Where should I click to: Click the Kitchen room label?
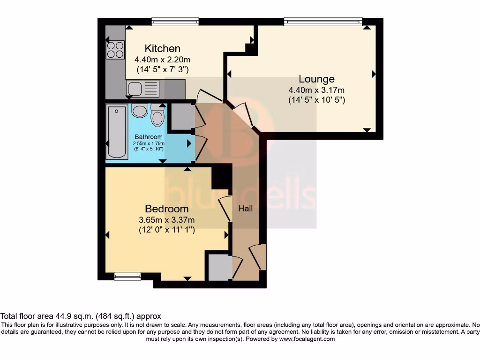(162, 48)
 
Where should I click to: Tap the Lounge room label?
(317, 79)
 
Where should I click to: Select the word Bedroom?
(166, 209)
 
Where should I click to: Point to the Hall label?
(245, 208)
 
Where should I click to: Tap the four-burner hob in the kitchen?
(115, 50)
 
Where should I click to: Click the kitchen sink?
(135, 88)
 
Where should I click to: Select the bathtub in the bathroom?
(117, 132)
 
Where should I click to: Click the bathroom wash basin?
(140, 111)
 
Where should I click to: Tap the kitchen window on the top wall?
(175, 22)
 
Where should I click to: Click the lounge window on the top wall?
(323, 22)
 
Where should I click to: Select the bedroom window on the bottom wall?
(127, 277)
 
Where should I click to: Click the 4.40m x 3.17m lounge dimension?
(317, 90)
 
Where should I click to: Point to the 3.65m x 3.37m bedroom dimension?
(166, 219)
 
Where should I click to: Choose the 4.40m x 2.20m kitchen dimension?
(162, 60)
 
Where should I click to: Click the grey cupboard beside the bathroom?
(180, 116)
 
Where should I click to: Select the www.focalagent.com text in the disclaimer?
(307, 339)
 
